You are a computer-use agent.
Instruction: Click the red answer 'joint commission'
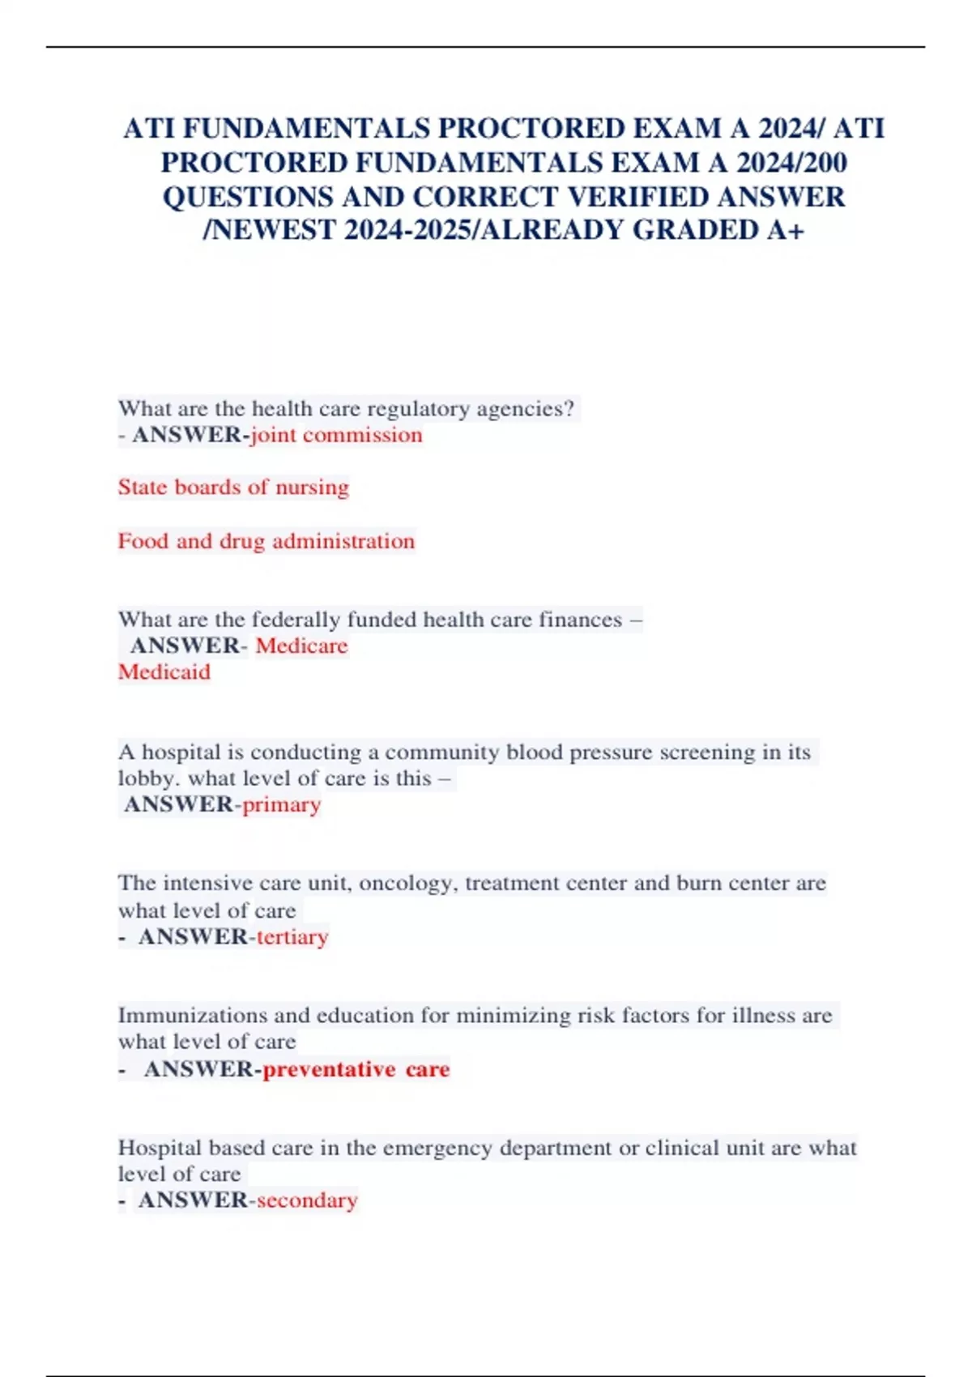click(x=336, y=435)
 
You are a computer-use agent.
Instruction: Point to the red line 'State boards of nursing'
click(x=233, y=487)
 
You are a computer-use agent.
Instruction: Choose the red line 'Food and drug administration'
click(x=266, y=540)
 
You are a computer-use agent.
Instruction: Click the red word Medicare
click(x=301, y=646)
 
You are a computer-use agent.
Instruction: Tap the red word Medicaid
click(x=164, y=671)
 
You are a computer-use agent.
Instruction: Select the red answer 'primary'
click(x=282, y=804)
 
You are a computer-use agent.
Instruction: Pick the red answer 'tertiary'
click(x=292, y=937)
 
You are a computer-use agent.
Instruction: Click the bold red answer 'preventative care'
click(x=356, y=1069)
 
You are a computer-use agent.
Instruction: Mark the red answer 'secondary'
click(x=307, y=1200)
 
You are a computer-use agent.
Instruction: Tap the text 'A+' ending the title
click(x=787, y=230)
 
